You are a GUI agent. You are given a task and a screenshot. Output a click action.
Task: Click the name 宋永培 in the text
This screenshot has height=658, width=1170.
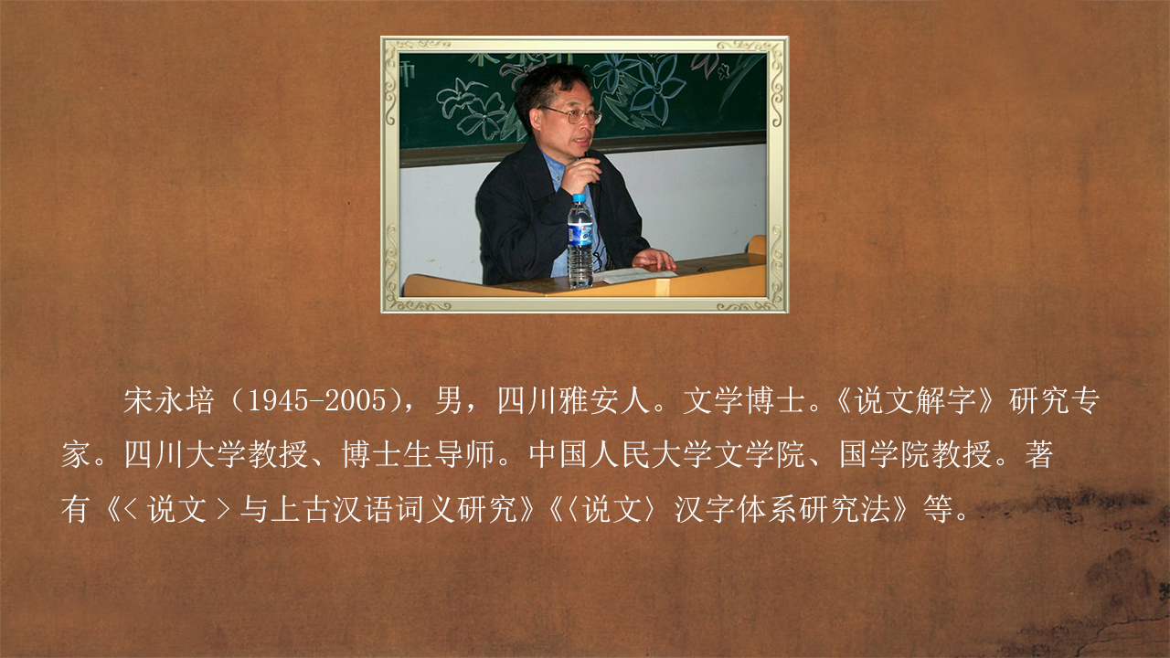(169, 401)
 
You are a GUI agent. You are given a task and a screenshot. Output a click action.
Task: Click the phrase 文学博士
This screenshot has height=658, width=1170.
(744, 401)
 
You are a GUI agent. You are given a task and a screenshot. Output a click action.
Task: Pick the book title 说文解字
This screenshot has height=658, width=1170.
(915, 401)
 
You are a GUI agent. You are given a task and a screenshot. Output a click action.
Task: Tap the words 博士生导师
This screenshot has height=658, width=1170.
(419, 454)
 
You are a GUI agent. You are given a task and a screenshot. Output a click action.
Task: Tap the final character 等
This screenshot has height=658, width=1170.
(938, 509)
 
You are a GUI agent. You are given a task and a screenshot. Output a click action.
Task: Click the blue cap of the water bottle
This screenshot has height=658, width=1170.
(579, 198)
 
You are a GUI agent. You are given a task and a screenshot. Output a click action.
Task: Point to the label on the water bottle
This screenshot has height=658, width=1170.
(580, 233)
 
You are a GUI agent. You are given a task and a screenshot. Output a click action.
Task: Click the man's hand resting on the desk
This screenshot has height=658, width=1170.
(653, 259)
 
